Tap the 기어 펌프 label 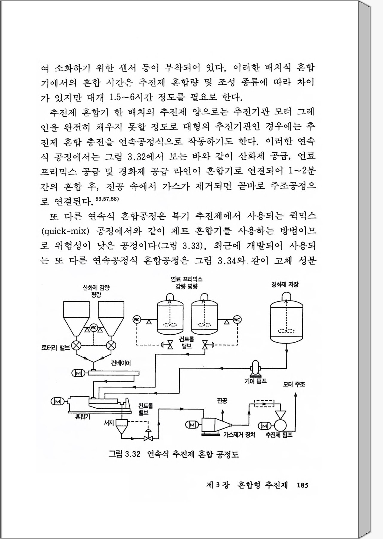[255, 381]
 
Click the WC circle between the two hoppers [94, 328]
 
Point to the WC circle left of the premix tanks [137, 319]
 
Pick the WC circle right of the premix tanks [237, 320]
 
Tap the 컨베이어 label [121, 363]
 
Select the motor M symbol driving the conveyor [78, 373]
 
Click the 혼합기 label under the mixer [83, 416]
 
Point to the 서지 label [108, 423]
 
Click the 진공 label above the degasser [222, 401]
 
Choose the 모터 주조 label [294, 384]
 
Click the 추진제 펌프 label [279, 435]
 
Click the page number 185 [302, 485]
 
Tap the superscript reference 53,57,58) [107, 199]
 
